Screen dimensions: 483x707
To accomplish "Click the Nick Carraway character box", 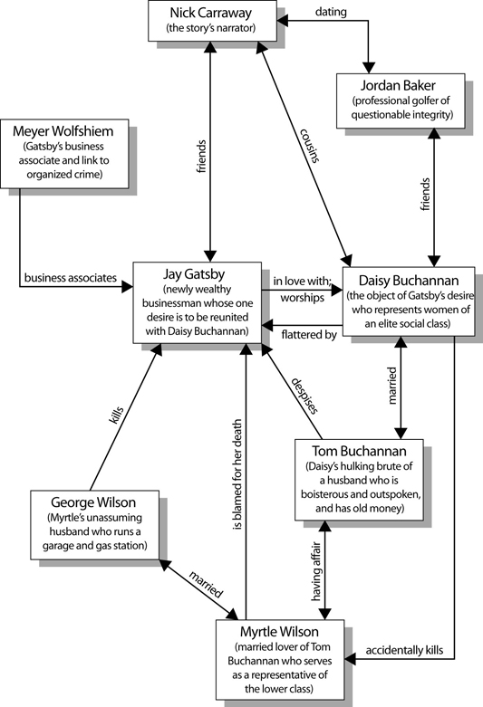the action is point(212,21).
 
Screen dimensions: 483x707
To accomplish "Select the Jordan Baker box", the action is point(401,101).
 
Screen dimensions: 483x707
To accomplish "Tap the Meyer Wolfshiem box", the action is point(64,154).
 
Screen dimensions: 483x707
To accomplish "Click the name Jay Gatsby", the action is point(194,273).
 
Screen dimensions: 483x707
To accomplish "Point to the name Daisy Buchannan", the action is point(409,281).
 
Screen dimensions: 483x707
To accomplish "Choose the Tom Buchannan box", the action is point(359,480).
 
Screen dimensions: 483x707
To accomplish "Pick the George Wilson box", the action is point(95,525).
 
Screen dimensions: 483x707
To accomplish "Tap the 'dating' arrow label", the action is point(331,12).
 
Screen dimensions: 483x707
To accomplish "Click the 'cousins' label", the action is point(310,146).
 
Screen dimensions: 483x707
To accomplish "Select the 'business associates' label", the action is point(71,278).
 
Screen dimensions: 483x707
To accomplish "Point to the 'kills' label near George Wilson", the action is point(116,415).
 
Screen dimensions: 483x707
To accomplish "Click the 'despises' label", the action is point(304,396).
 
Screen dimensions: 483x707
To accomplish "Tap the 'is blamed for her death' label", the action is point(237,474).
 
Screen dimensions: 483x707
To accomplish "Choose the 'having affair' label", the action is point(316,571).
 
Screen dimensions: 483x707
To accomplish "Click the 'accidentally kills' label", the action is point(404,650).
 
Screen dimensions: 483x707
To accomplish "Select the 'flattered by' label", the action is point(309,335).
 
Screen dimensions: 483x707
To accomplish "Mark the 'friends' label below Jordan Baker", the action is point(425,195).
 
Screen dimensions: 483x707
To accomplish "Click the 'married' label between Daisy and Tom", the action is point(391,386).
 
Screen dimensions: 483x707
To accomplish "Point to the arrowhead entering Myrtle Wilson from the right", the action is point(351,659).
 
